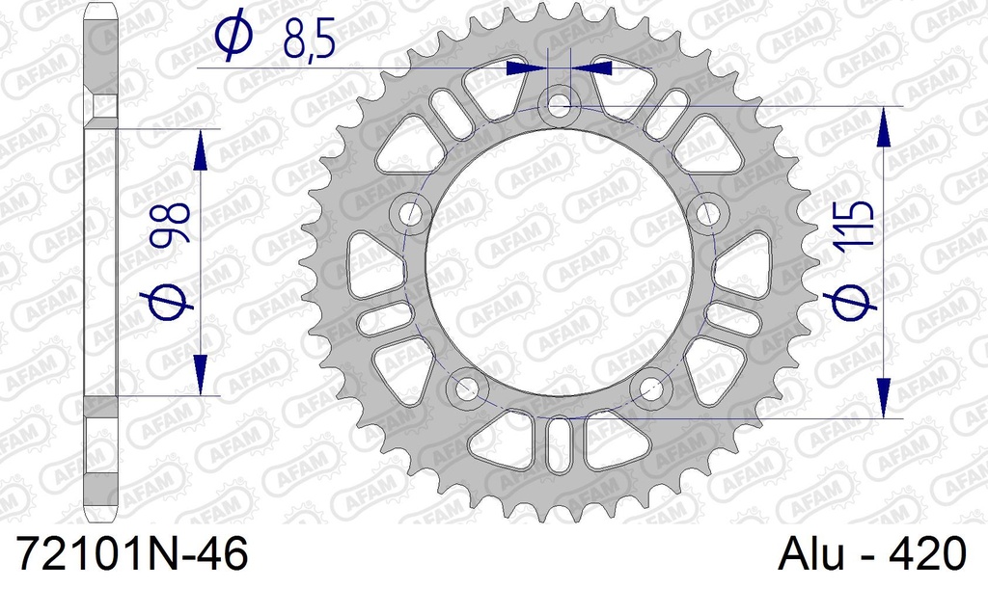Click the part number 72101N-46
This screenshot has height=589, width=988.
[x=133, y=556]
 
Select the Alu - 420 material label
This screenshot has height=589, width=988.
[x=870, y=556]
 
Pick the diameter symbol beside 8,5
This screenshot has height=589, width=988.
[x=234, y=36]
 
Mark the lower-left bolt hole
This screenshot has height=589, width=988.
[x=467, y=389]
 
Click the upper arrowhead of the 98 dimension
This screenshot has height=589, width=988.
[x=201, y=149]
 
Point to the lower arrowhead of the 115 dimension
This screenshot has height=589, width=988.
[x=883, y=397]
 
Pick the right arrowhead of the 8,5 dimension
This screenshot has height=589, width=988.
[x=599, y=68]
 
